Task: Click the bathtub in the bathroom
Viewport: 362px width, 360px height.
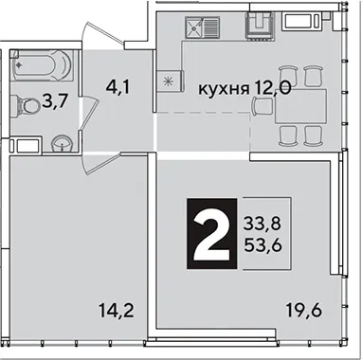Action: (x=42, y=65)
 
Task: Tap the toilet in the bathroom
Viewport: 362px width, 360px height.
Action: (x=26, y=105)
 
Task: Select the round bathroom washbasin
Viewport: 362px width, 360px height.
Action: (x=63, y=144)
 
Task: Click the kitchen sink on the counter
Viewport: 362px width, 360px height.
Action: (x=203, y=27)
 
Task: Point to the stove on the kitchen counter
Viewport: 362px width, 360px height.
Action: (x=260, y=26)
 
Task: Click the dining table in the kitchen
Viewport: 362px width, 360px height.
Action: (x=300, y=106)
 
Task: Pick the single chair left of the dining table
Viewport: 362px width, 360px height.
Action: (x=263, y=106)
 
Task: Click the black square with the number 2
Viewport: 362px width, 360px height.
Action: (x=212, y=234)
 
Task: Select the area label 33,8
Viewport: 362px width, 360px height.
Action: (x=262, y=225)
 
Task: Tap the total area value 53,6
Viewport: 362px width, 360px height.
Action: (x=262, y=245)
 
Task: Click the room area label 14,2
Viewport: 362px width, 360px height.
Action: (x=117, y=311)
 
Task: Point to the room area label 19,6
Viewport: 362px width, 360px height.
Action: (x=304, y=310)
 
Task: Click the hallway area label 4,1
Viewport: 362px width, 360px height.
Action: (x=118, y=87)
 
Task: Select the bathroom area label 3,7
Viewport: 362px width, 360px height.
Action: (x=55, y=102)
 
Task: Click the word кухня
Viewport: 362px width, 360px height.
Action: (x=224, y=89)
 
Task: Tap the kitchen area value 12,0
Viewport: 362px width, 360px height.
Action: (x=272, y=88)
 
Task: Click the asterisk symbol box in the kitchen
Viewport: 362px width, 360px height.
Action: (x=170, y=81)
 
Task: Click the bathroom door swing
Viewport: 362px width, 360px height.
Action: (x=89, y=113)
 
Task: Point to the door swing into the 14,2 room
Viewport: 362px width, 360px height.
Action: (x=101, y=163)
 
